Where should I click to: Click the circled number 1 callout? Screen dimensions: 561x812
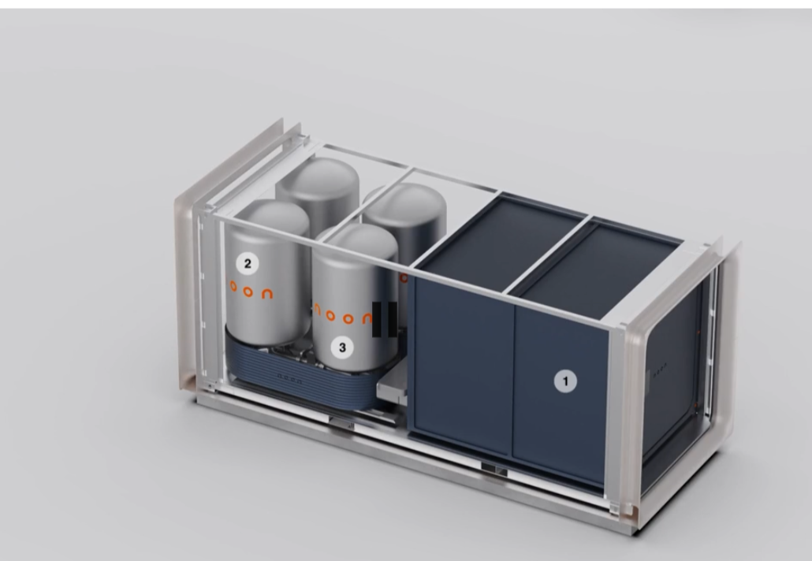564,382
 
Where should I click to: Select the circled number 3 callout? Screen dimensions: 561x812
341,346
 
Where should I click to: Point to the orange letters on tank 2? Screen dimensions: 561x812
251,289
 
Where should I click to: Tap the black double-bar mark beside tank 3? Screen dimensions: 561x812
384,319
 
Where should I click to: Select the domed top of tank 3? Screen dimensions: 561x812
355,240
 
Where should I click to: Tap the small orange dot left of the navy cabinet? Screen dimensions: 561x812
404,277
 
